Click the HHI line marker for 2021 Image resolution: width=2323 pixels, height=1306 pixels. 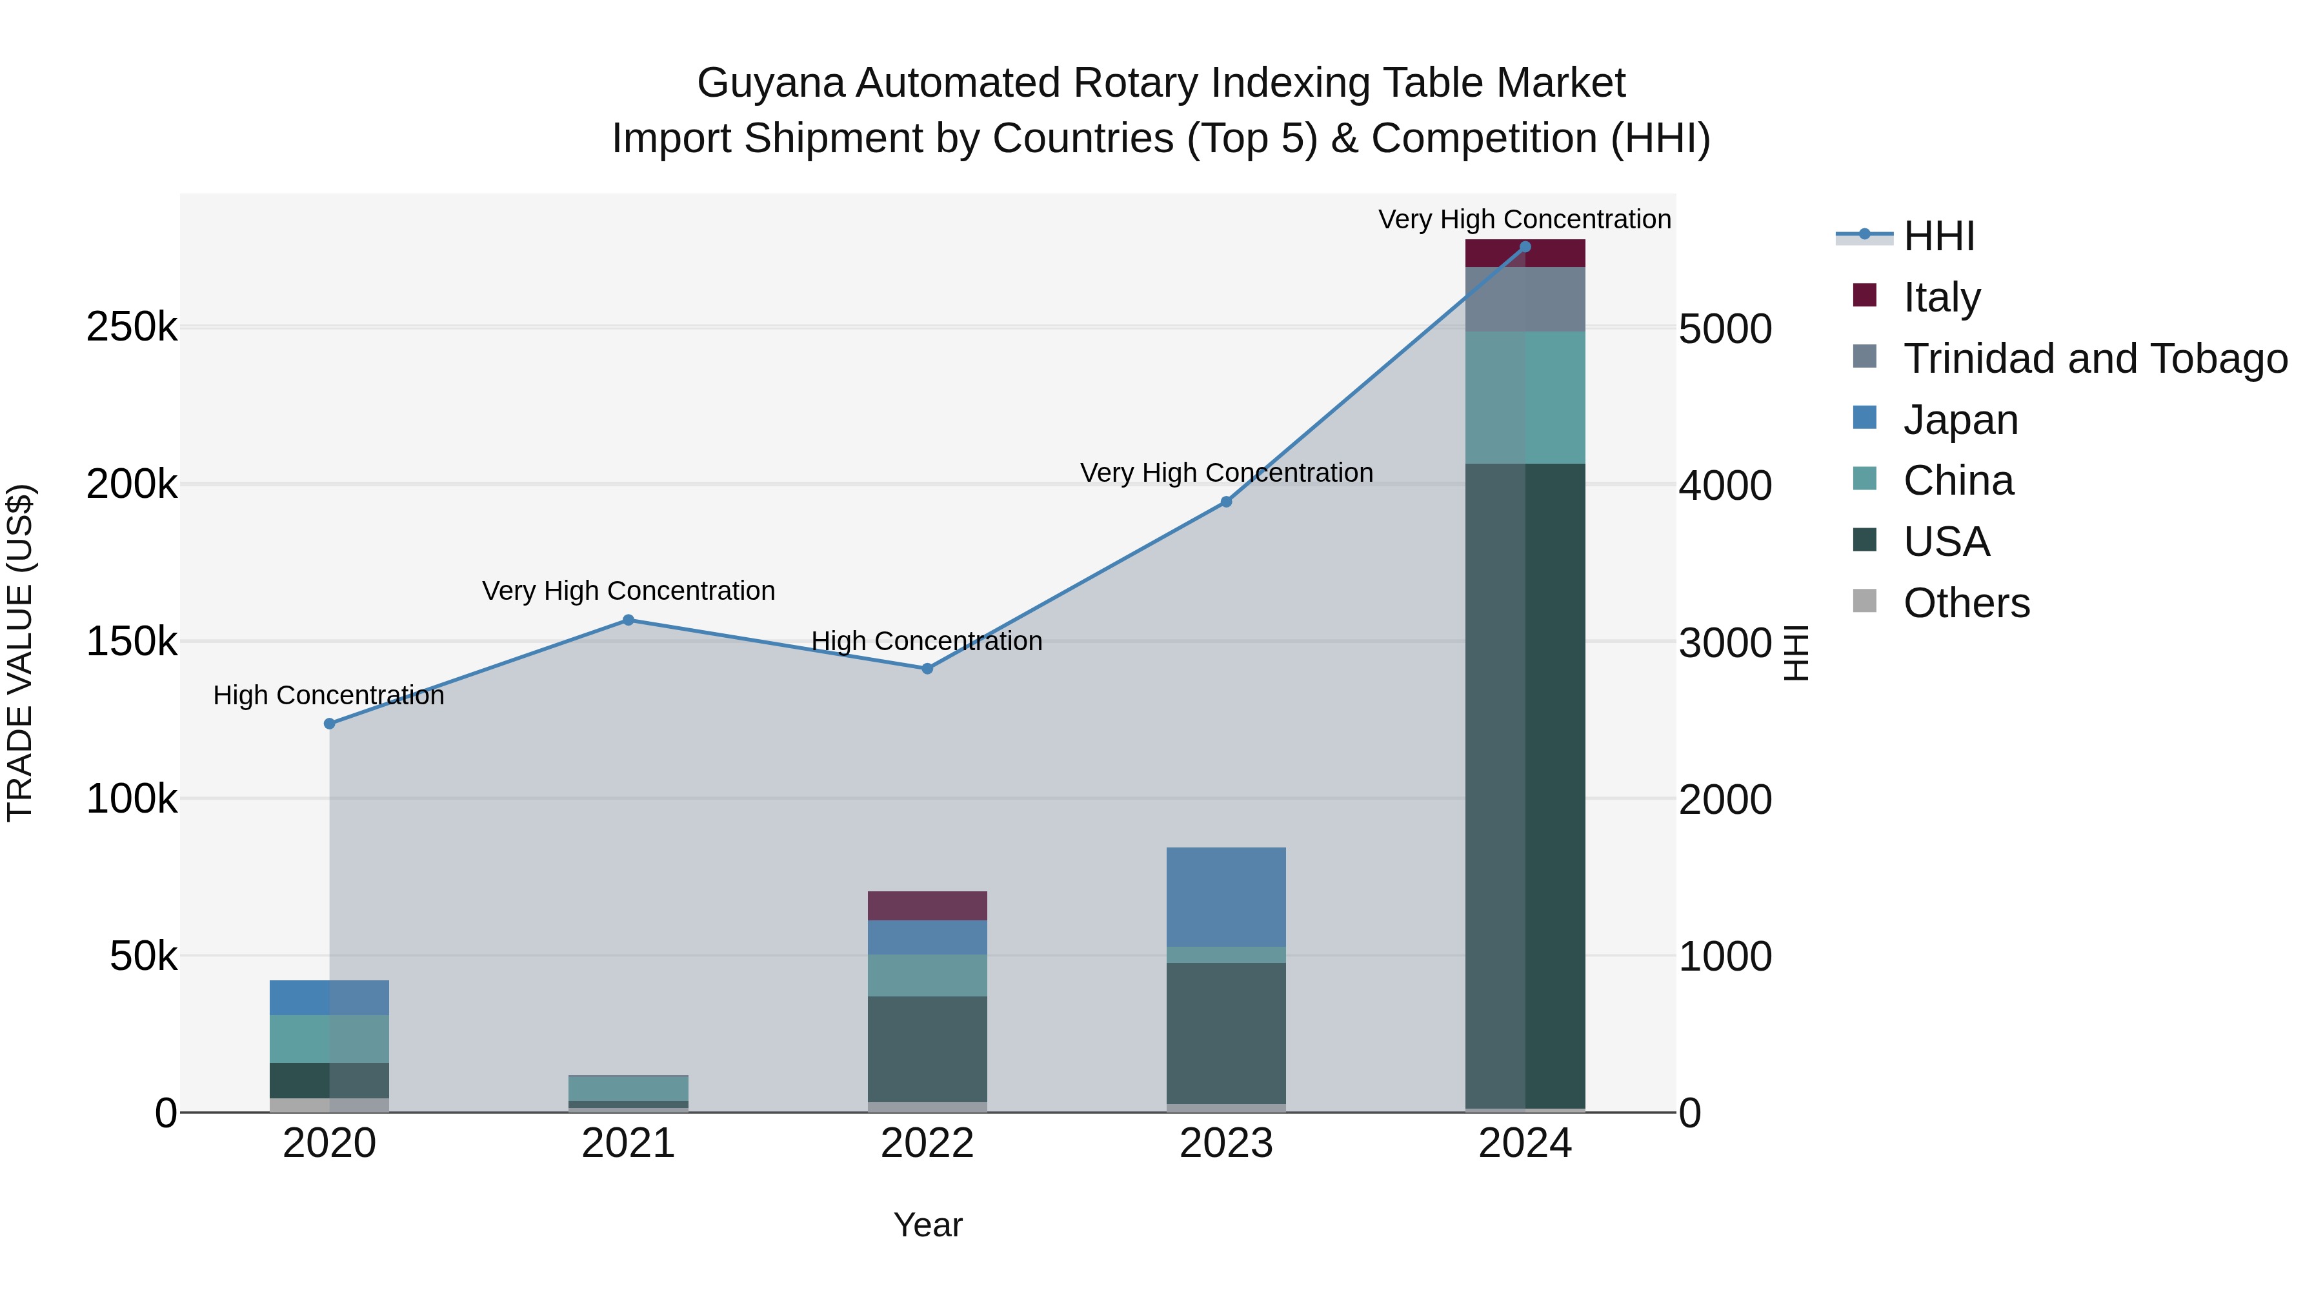pos(629,620)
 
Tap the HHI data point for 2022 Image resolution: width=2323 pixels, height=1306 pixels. pos(927,669)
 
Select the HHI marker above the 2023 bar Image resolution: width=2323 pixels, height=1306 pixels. pos(1225,502)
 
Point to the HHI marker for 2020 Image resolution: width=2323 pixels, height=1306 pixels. pos(329,724)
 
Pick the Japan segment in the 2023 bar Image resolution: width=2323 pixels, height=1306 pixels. pos(1225,897)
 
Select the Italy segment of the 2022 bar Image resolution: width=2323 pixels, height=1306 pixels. pos(927,906)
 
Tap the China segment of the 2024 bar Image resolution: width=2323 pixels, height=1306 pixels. pos(1525,397)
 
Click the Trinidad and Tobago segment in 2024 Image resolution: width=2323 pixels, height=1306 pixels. pos(1525,299)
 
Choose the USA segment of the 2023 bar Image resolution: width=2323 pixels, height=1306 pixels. pos(1225,1033)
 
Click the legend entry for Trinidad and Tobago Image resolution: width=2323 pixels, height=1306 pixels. pos(2095,359)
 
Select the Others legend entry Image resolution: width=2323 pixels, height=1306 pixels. pos(1966,603)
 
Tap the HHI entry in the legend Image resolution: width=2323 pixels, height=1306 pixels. pos(1939,236)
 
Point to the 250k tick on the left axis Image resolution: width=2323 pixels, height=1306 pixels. pos(132,327)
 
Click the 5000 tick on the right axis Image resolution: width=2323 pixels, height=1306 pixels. pos(1725,329)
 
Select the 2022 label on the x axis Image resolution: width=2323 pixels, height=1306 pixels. pos(927,1143)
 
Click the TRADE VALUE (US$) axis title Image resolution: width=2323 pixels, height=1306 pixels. pos(20,653)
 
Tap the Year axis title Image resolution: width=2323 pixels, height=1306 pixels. pos(928,1225)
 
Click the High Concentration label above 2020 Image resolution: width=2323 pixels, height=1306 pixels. pos(328,696)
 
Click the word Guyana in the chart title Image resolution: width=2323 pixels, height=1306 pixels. pos(770,83)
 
